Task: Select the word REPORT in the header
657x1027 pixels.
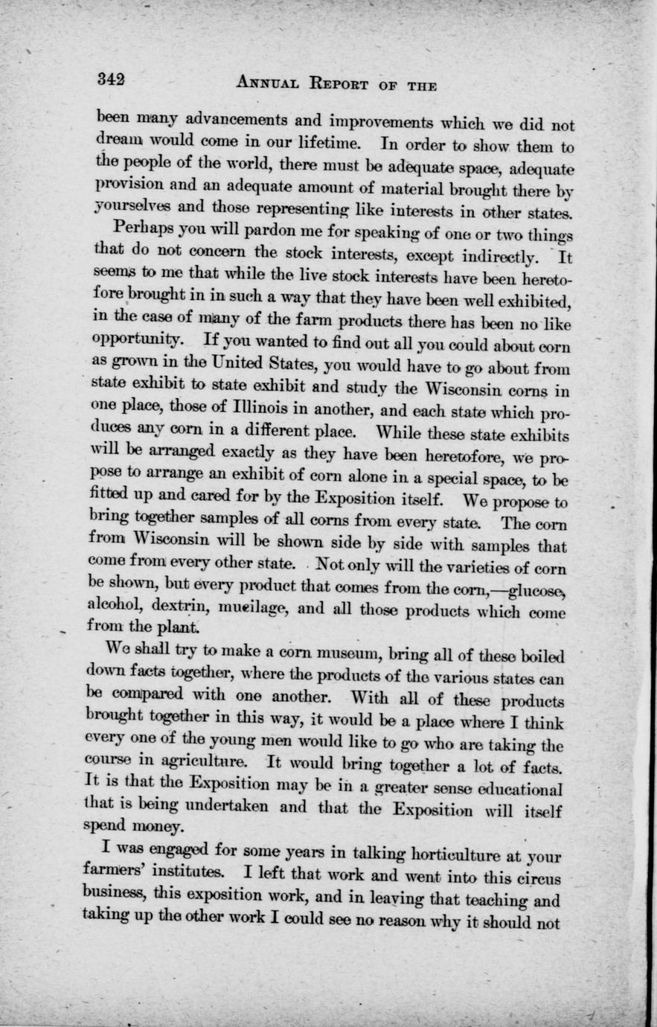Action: click(357, 84)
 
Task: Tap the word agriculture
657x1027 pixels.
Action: click(196, 766)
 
